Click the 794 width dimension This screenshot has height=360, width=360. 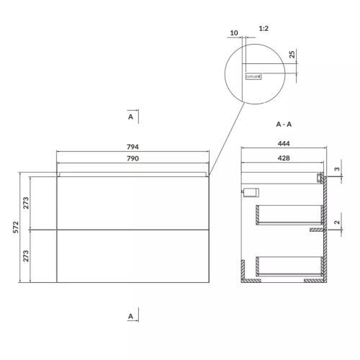(x=132, y=147)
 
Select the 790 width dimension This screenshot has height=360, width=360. (x=132, y=158)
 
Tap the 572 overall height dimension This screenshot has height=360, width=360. (x=16, y=228)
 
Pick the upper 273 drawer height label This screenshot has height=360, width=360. (x=26, y=203)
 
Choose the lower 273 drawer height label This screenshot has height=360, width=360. (x=26, y=256)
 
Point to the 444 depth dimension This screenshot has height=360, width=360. (x=284, y=143)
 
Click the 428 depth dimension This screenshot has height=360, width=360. (x=284, y=158)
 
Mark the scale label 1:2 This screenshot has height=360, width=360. (x=264, y=29)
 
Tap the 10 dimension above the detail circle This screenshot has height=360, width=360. (x=234, y=33)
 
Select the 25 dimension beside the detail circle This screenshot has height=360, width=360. (x=292, y=55)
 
